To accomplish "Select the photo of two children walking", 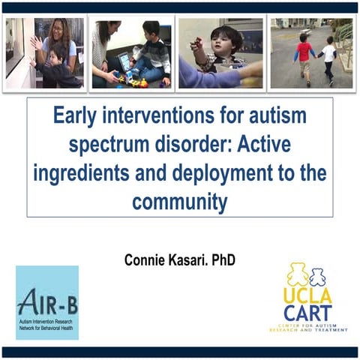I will coord(310,53).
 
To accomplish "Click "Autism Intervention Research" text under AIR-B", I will coord(47,320).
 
